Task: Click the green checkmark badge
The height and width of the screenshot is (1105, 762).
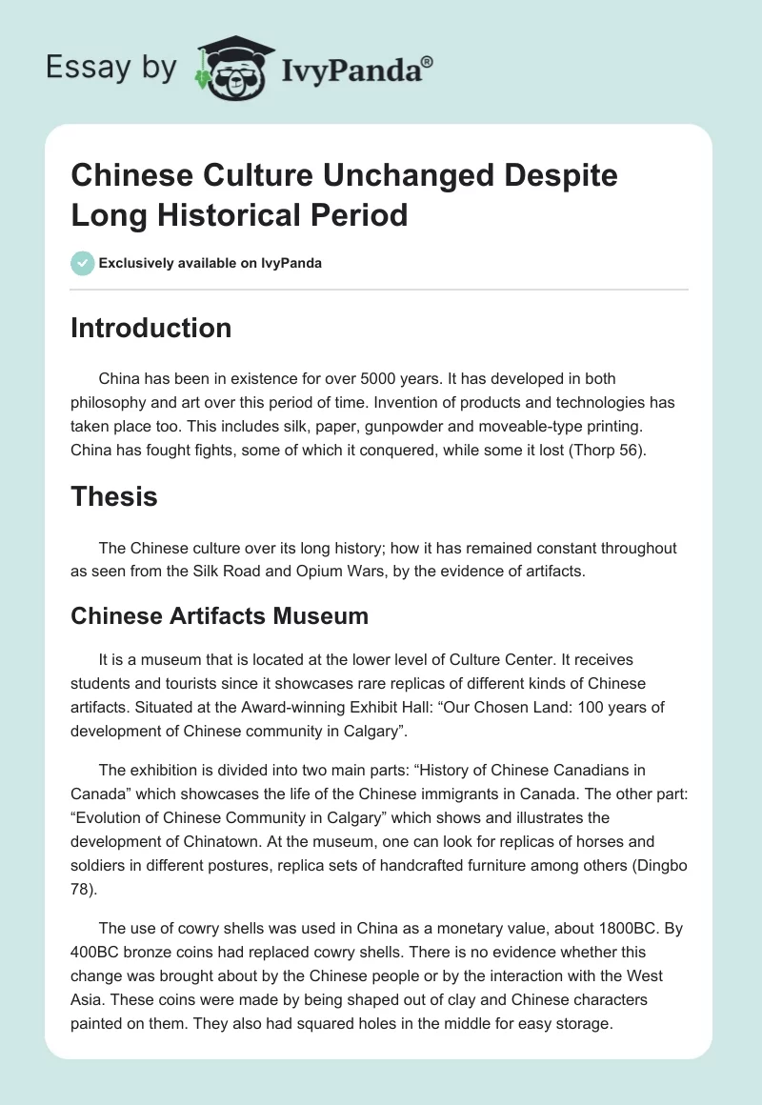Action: click(x=82, y=263)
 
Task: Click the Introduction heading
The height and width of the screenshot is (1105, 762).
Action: click(x=150, y=328)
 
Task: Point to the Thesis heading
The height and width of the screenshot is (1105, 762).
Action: click(x=114, y=495)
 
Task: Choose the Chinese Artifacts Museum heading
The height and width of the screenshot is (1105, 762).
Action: click(x=219, y=615)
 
